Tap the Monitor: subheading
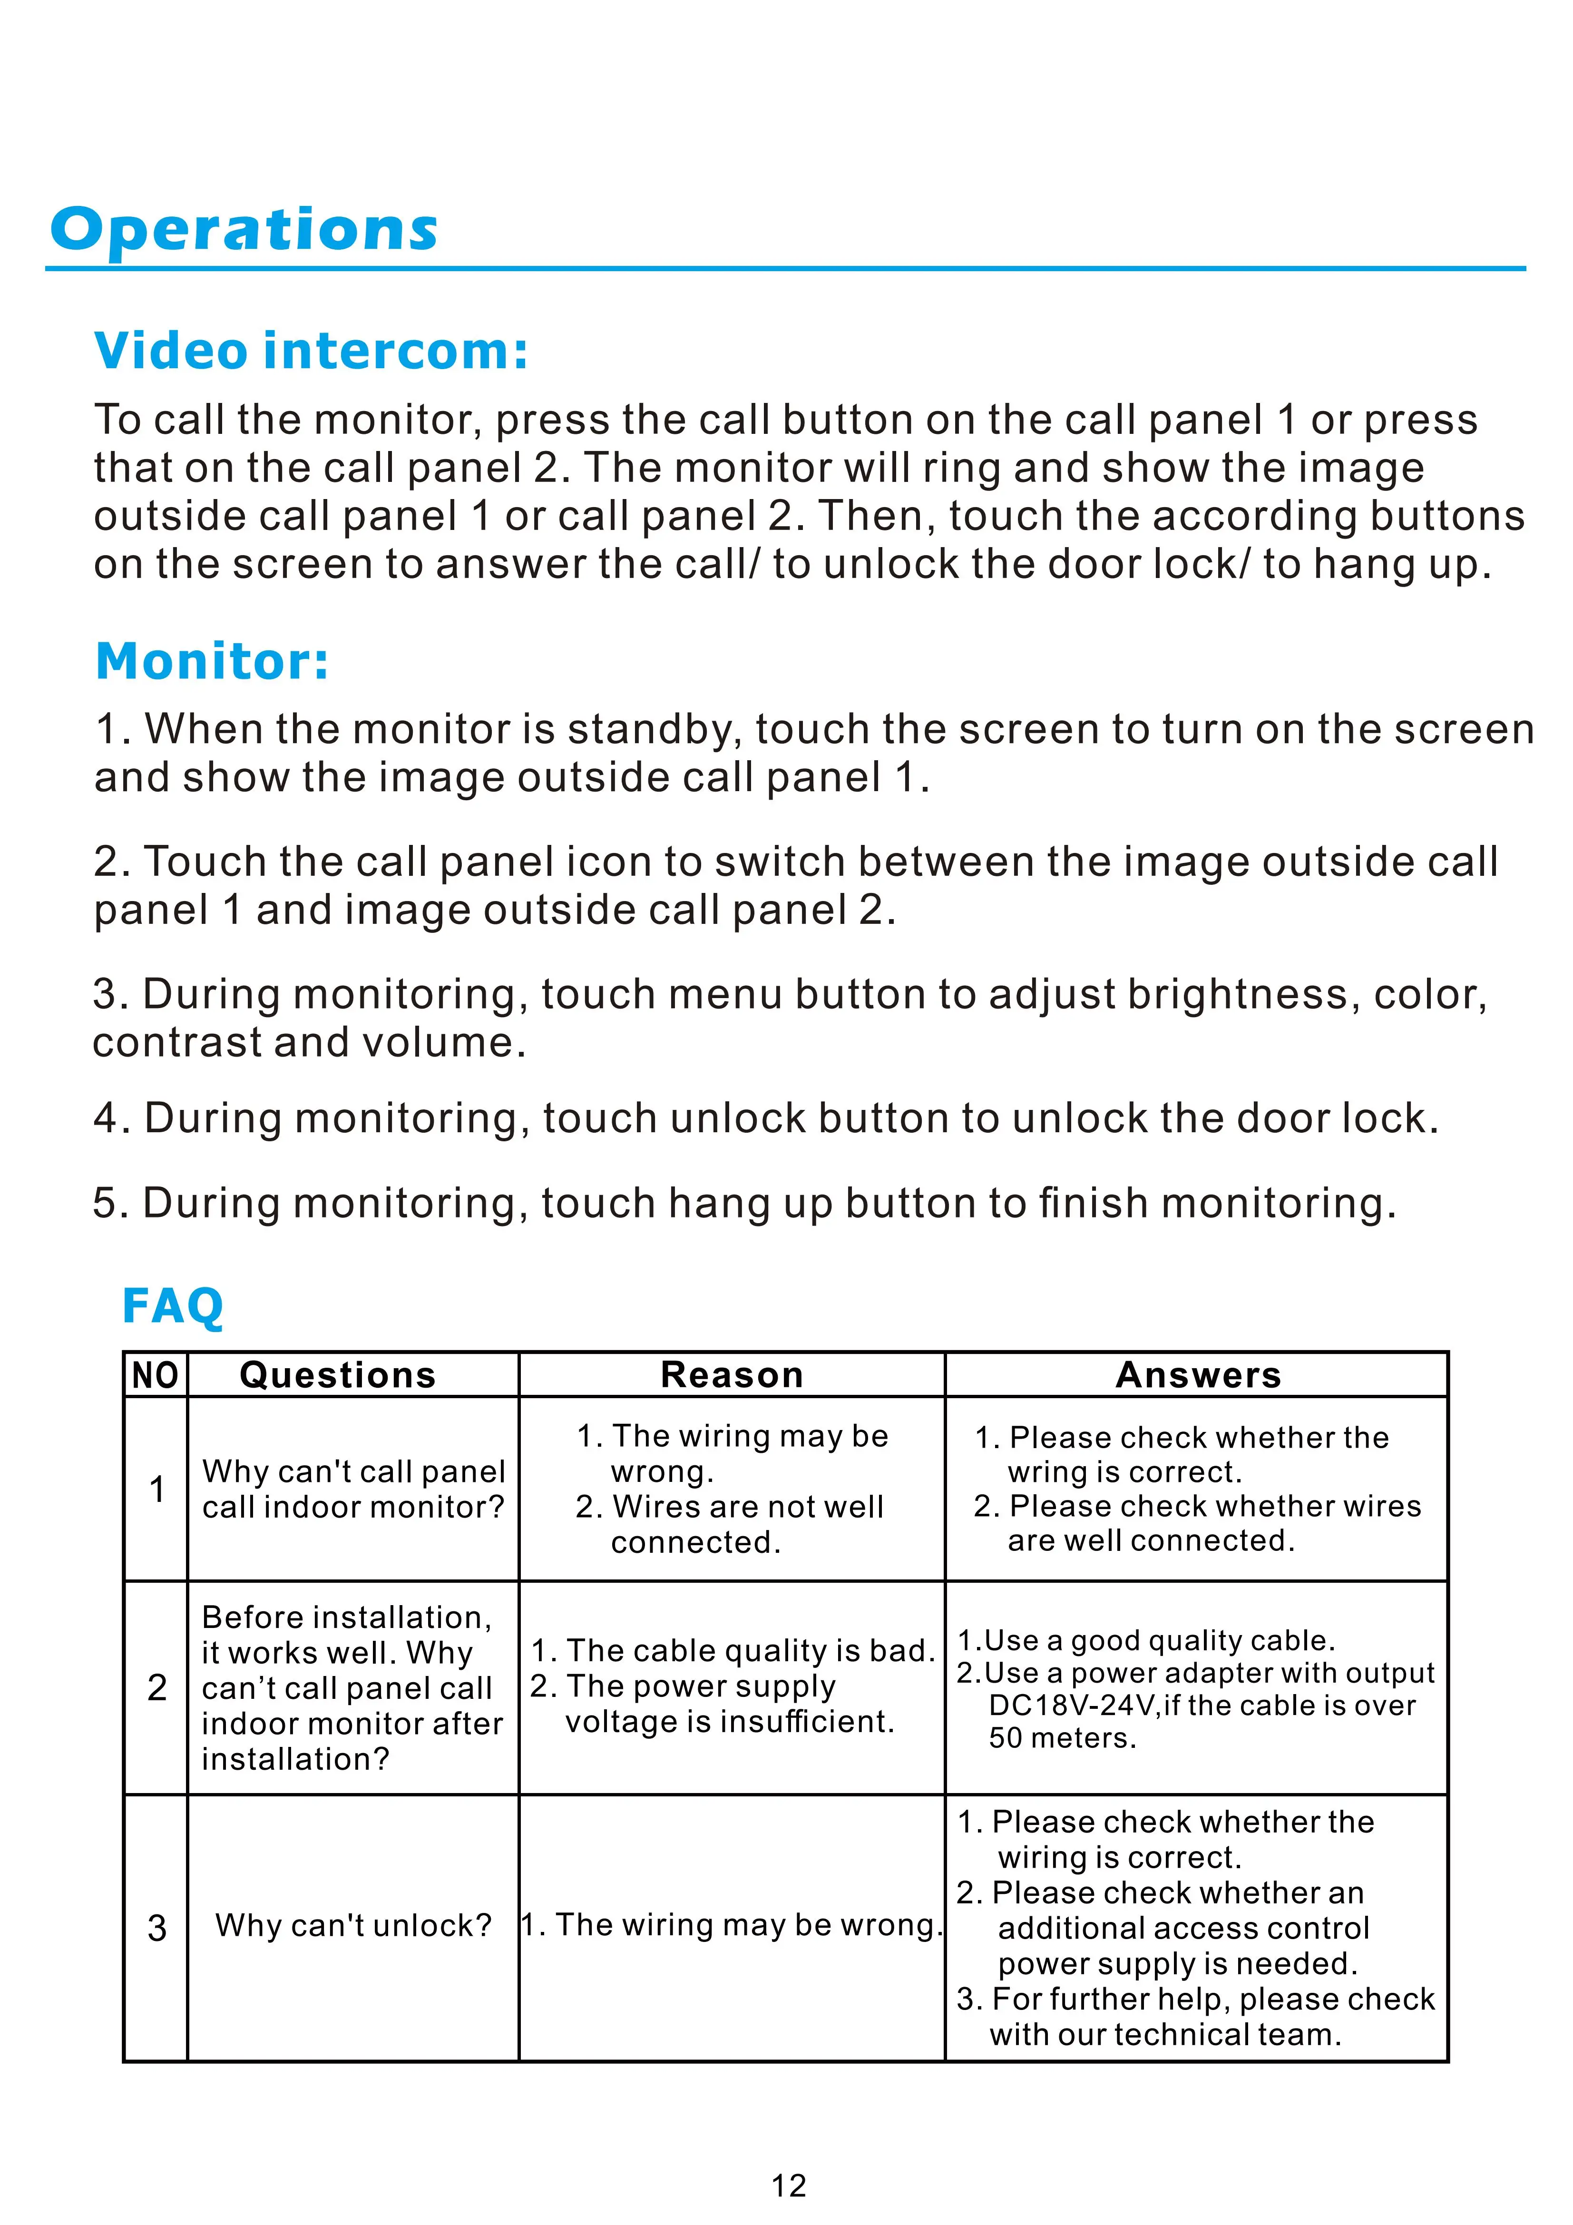click(212, 662)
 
